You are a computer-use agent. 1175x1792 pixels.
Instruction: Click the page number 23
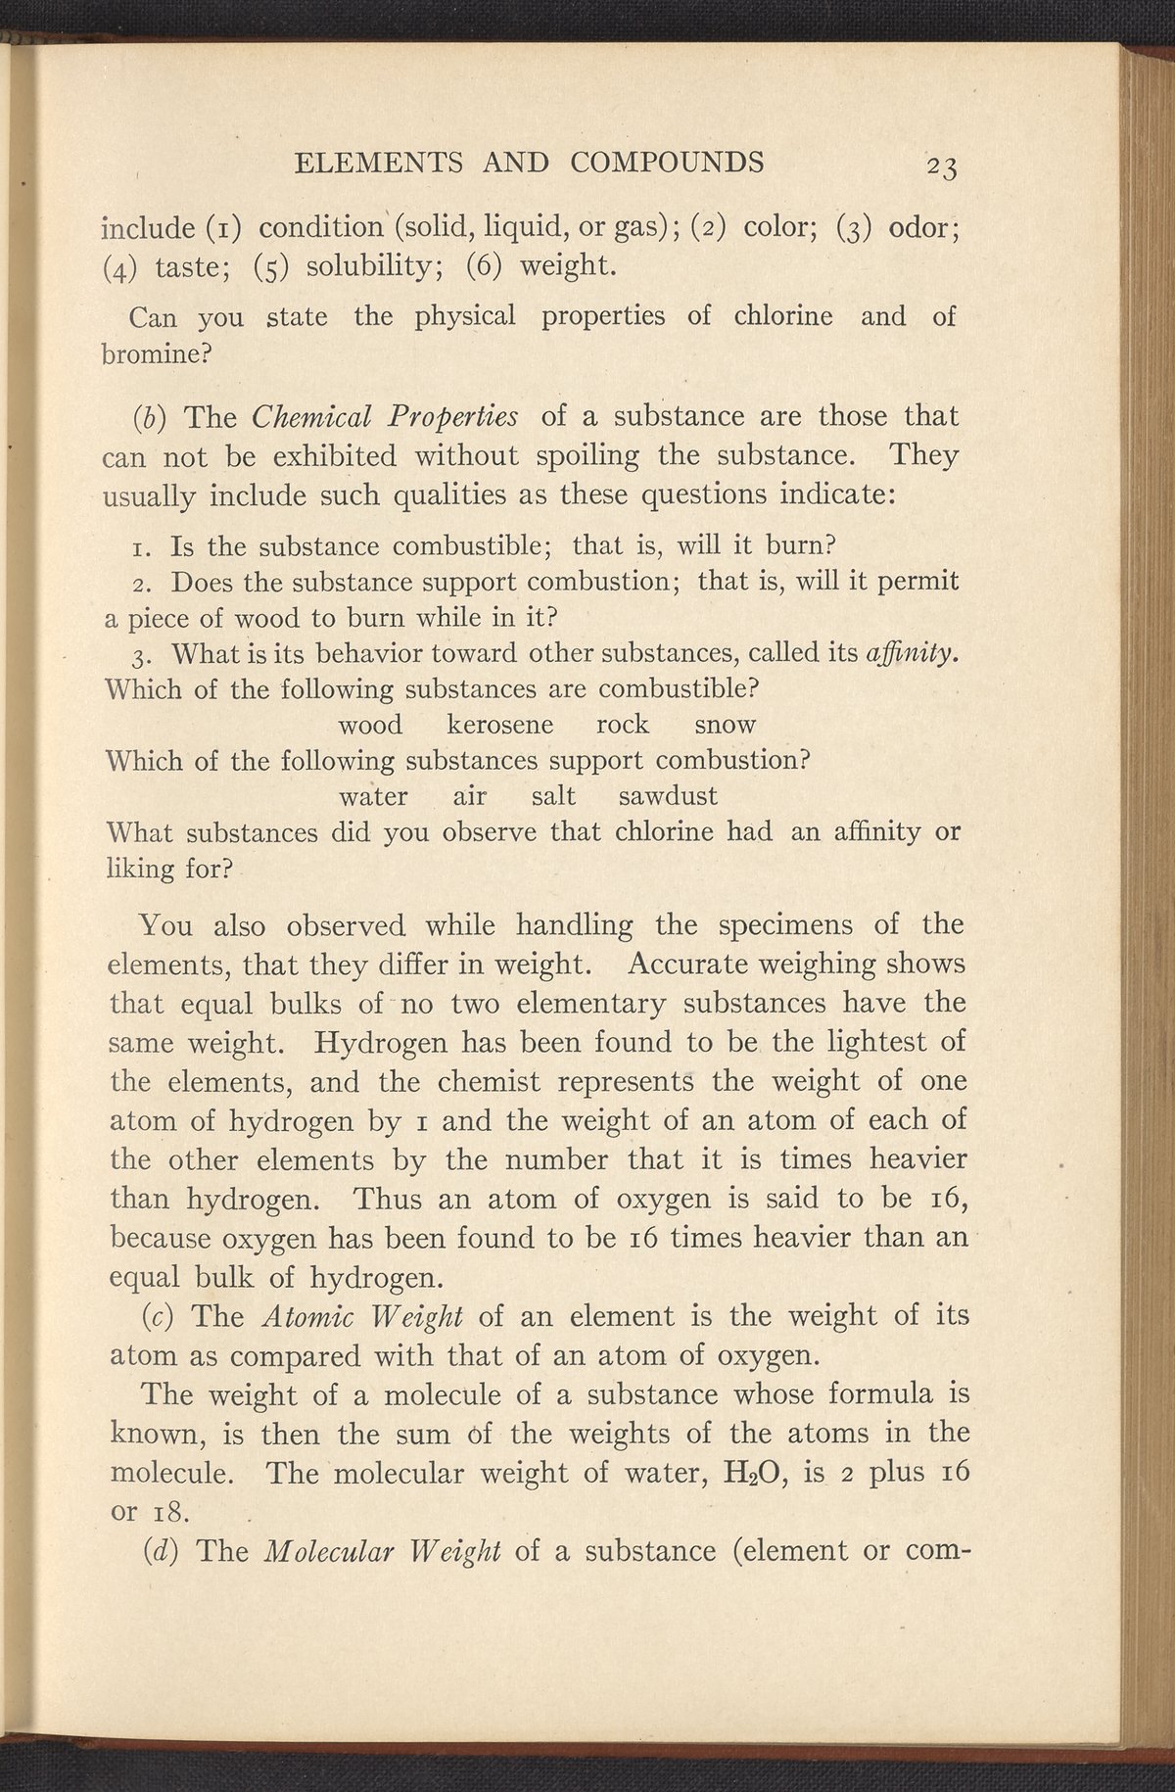(x=939, y=166)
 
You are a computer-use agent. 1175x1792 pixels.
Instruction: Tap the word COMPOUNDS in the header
(x=667, y=162)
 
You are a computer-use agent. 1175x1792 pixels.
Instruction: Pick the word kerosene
(x=499, y=725)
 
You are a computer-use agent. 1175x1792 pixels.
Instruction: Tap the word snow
(x=725, y=725)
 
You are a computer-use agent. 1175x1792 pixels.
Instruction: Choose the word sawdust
(x=668, y=795)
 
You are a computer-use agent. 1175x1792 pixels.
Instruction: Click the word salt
(x=553, y=795)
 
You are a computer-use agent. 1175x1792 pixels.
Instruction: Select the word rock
(x=622, y=725)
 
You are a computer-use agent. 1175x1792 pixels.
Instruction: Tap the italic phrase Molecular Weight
(x=383, y=1551)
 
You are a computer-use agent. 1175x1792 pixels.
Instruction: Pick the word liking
(x=140, y=868)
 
